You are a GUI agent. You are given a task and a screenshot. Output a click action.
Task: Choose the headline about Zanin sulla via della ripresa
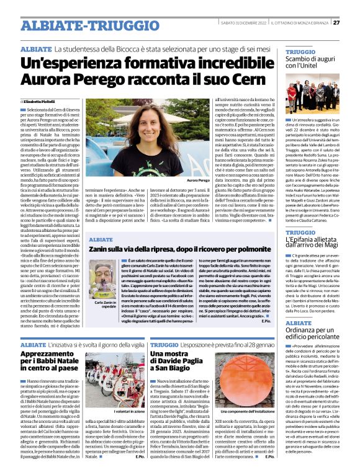pyautogui.click(x=173, y=248)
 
